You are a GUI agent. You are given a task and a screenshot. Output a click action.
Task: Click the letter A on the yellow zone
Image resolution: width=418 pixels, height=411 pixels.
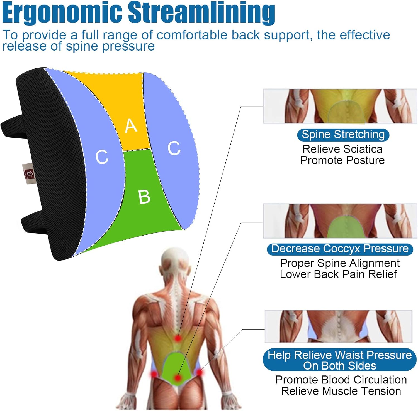pos(131,126)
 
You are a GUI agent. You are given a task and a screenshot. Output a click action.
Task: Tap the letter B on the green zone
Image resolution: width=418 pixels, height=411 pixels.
pos(144,197)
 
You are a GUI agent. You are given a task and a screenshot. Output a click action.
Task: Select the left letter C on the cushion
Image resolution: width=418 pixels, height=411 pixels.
pos(102,157)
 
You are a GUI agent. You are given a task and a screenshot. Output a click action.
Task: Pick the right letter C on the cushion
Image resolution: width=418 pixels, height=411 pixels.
pos(174,148)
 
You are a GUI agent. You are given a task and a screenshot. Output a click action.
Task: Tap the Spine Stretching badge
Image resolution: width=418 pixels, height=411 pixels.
pos(343,135)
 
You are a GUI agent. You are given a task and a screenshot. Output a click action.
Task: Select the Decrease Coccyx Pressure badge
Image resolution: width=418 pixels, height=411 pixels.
pos(340,249)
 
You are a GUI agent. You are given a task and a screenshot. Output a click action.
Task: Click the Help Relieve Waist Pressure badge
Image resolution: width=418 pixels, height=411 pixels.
pos(339,360)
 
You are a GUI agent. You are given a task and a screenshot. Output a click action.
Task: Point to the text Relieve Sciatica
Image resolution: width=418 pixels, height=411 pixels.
pos(342,149)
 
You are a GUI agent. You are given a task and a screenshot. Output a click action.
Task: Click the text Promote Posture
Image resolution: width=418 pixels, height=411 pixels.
pos(342,160)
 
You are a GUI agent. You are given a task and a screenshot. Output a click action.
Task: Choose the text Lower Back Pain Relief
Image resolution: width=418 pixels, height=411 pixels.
pos(338,274)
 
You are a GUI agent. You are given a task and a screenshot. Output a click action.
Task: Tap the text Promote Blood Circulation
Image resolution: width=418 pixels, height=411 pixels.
pos(341,380)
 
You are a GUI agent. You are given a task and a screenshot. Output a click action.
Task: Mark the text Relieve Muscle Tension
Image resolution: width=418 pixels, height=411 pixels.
pos(341,391)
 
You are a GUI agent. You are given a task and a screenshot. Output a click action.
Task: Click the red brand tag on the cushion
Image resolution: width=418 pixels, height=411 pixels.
pos(28,174)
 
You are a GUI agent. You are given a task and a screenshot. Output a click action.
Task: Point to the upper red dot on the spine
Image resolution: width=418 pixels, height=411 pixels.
pos(178,338)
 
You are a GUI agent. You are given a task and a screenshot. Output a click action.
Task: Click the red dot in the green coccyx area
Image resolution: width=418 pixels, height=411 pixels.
pos(178,378)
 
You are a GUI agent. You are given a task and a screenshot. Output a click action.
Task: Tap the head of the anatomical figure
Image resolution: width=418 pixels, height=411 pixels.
pos(176,263)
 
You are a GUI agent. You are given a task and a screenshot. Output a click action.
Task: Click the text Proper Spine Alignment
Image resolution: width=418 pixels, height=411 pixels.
pos(340,263)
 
